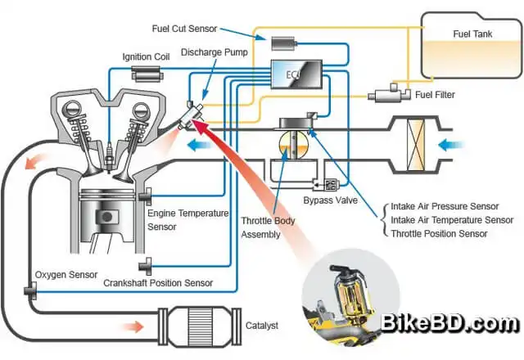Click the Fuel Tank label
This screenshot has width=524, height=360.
click(474, 34)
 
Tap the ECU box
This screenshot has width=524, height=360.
click(294, 78)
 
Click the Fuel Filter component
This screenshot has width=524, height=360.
click(385, 96)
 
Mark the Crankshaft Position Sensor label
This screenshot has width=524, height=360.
click(158, 282)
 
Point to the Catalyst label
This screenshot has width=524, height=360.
click(262, 325)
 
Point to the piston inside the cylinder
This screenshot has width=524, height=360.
click(105, 218)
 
